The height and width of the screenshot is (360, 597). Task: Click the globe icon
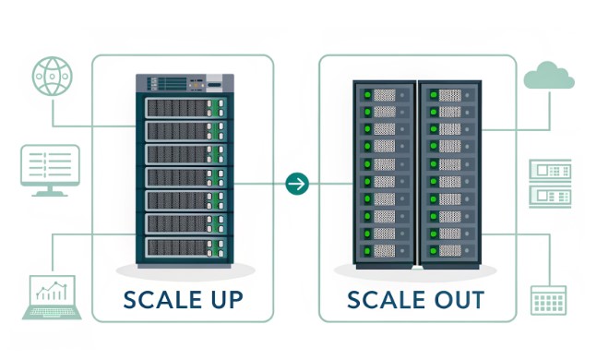(52, 75)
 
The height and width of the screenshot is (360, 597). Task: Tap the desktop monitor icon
(50, 170)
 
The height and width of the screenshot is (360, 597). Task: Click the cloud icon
(549, 76)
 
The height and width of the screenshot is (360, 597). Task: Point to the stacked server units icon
(549, 183)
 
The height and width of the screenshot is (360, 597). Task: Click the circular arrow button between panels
(296, 183)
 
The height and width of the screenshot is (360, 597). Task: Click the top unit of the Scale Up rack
(185, 85)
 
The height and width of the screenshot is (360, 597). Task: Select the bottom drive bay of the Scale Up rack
(185, 246)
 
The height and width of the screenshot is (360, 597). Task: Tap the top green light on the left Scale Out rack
(366, 95)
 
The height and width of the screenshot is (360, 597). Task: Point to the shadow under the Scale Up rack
(185, 272)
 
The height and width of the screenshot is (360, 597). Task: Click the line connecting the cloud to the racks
(550, 115)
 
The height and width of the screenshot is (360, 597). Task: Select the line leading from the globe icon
(54, 111)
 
